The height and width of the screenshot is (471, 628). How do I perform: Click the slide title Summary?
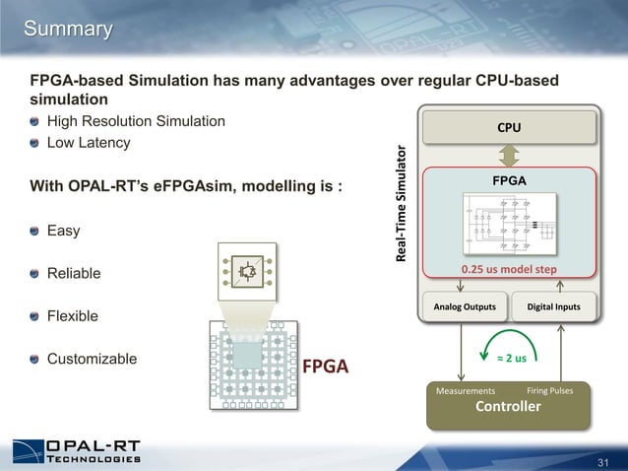tap(68, 30)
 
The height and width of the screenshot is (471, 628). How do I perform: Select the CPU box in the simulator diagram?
tap(509, 127)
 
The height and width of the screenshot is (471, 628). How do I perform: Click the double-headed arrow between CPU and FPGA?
tap(509, 156)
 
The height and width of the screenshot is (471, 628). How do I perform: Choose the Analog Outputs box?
tap(465, 306)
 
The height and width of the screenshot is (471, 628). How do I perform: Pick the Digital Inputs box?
tap(554, 306)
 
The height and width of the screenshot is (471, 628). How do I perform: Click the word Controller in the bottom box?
tap(509, 407)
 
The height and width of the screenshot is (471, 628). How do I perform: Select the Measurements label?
tap(466, 391)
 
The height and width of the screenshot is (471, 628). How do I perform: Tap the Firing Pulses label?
tap(557, 390)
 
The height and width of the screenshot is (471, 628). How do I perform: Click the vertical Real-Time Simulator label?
tap(402, 204)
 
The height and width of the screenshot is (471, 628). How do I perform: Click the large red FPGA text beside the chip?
tap(326, 368)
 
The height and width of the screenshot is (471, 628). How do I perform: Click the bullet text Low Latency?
tap(89, 143)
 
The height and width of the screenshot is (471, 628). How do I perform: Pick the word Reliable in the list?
tap(74, 273)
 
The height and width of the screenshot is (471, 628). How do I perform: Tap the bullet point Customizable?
tap(92, 359)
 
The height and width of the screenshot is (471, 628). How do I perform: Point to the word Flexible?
tap(73, 316)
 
